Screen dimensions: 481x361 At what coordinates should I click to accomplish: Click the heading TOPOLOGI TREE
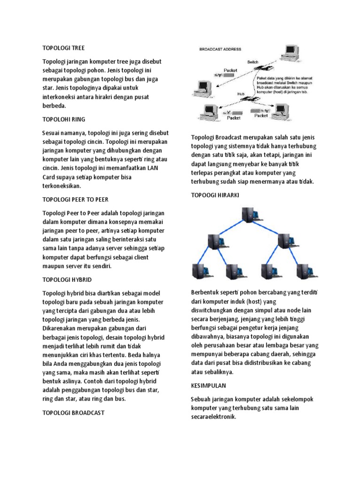pos(63,48)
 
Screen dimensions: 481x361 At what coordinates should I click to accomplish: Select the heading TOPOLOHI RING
pos(64,119)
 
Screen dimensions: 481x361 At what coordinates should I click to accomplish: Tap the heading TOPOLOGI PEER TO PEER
pos(75,199)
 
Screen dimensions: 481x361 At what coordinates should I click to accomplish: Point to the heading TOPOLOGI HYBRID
pos(67,279)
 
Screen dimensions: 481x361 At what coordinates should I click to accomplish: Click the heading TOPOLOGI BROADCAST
pos(73,413)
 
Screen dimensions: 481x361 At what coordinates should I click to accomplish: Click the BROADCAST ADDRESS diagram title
pos(220,49)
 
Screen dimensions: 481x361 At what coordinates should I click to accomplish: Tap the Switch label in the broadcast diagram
pos(253,62)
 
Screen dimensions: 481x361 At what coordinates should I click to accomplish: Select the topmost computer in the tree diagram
pos(247,216)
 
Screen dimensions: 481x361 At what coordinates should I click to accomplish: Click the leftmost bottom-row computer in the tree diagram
pos(199,272)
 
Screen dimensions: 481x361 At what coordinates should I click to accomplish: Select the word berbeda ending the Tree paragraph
pos(55,106)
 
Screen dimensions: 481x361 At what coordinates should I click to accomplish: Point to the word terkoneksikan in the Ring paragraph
pos(62,186)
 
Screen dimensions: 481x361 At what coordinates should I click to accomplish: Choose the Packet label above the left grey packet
pos(231,70)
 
